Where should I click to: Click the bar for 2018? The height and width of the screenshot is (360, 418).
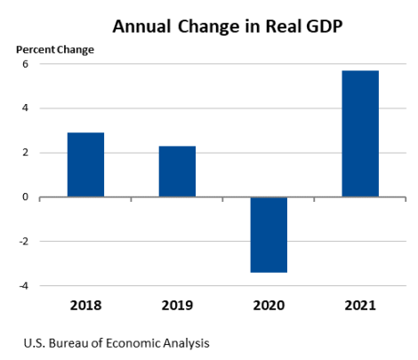(85, 164)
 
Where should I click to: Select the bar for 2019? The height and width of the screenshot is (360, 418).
(177, 172)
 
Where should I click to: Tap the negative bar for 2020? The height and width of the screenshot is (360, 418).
(269, 234)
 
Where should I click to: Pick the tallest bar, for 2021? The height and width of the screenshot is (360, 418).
(360, 133)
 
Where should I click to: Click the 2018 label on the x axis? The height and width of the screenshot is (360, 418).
(85, 305)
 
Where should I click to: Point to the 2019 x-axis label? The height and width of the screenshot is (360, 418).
(177, 305)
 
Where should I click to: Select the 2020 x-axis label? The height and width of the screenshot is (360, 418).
(269, 305)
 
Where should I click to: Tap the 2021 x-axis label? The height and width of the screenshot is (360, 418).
(360, 305)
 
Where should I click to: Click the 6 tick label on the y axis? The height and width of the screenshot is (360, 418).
(26, 64)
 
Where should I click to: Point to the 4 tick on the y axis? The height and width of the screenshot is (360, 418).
(26, 108)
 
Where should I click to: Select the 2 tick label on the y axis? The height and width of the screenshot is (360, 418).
(26, 153)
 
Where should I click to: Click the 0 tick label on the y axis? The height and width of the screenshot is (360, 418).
(26, 197)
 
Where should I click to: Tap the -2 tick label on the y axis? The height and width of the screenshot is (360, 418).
(24, 242)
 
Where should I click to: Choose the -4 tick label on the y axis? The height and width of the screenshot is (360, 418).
(24, 286)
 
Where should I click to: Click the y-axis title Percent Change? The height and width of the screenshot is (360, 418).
(54, 49)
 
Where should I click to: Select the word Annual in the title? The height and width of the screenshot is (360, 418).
(143, 25)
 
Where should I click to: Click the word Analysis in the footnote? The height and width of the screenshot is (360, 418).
(185, 341)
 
